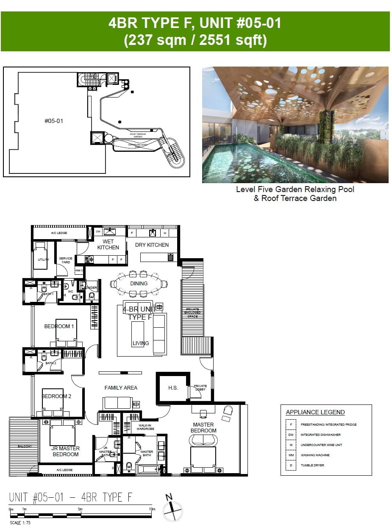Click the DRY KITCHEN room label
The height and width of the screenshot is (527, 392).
152,245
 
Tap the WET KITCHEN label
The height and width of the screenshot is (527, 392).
108,244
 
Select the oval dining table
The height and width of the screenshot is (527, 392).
139,284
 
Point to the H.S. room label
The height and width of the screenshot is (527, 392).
173,388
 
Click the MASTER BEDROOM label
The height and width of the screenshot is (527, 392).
203,427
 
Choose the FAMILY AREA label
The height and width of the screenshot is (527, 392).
121,388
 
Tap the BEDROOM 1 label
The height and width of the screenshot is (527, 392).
59,326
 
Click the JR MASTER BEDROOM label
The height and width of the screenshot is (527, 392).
66,451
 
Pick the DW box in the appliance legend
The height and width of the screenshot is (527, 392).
291,435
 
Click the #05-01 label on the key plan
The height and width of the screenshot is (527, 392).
54,121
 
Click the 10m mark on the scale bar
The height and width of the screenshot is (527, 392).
152,509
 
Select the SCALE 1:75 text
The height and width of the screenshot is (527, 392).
20,523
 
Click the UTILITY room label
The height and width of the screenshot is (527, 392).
43,259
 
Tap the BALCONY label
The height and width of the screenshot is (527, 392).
24,446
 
